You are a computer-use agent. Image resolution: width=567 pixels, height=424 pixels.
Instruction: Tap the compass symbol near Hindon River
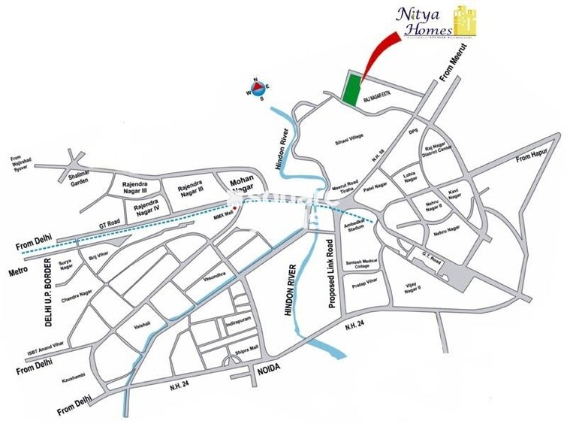point(256,89)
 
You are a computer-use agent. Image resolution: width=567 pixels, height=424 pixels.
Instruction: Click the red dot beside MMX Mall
point(234,207)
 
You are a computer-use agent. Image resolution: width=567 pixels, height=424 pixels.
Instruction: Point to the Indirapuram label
point(237,324)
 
